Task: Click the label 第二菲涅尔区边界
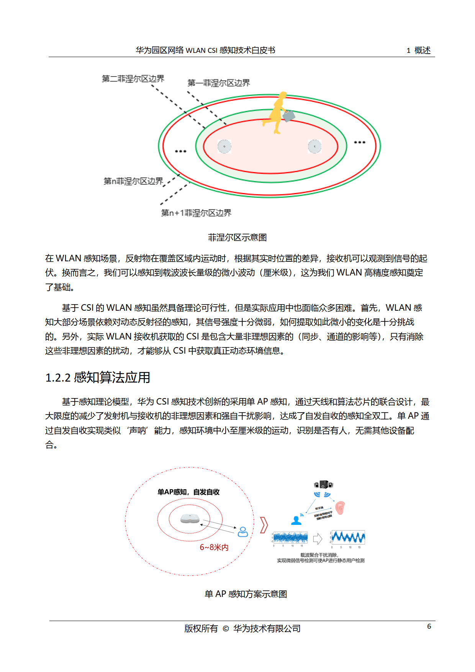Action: pyautogui.click(x=133, y=79)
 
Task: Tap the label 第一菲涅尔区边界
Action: pyautogui.click(x=218, y=83)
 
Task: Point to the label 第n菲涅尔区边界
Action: pyautogui.click(x=133, y=181)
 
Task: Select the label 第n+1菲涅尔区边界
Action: pyautogui.click(x=196, y=213)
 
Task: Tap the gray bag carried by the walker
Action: pyautogui.click(x=289, y=115)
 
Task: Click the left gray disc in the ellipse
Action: pyautogui.click(x=224, y=146)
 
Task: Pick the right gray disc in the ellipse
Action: pyautogui.click(x=314, y=146)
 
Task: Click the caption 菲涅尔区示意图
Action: pyautogui.click(x=237, y=238)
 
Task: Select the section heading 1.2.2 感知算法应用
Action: pyautogui.click(x=98, y=377)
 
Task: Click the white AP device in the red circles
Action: pyautogui.click(x=190, y=519)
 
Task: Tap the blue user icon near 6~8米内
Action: pyautogui.click(x=243, y=532)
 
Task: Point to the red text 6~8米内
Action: pyautogui.click(x=214, y=547)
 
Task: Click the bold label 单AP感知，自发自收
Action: pyautogui.click(x=188, y=492)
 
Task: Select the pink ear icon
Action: pyautogui.click(x=340, y=508)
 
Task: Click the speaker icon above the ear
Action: pyautogui.click(x=324, y=485)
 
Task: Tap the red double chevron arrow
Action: pyautogui.click(x=264, y=525)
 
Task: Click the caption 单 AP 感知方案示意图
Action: pyautogui.click(x=246, y=594)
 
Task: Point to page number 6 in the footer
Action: pyautogui.click(x=429, y=626)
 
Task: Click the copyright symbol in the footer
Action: pyautogui.click(x=226, y=629)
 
